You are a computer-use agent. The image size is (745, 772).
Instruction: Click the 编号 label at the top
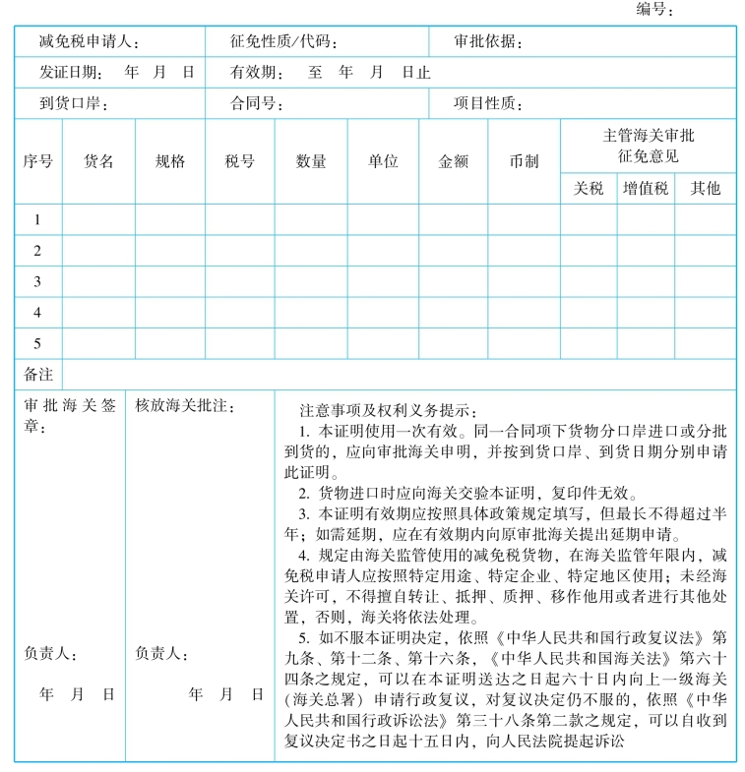coord(654,10)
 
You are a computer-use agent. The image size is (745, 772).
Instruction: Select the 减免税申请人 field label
coord(89,42)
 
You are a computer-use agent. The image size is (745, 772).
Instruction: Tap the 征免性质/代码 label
coord(284,42)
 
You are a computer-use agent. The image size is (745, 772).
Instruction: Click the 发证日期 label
coord(70,73)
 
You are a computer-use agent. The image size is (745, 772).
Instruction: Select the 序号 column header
coord(37,161)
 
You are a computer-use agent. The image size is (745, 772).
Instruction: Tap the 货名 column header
coord(98,161)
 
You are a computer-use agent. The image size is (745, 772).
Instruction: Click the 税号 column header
coord(239,161)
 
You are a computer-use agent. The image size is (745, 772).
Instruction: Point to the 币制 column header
coord(524,161)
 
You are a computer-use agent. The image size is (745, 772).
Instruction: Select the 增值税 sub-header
coord(646,188)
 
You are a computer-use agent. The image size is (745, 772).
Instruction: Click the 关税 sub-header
coord(589,188)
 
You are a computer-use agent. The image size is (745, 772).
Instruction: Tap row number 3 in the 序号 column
coord(37,281)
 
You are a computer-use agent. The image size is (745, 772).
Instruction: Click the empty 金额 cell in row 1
coord(453,219)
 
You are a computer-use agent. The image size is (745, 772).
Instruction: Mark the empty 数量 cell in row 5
coord(311,343)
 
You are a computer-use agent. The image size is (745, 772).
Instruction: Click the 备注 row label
coord(37,375)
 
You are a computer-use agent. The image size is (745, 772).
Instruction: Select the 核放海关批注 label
coord(185,406)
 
